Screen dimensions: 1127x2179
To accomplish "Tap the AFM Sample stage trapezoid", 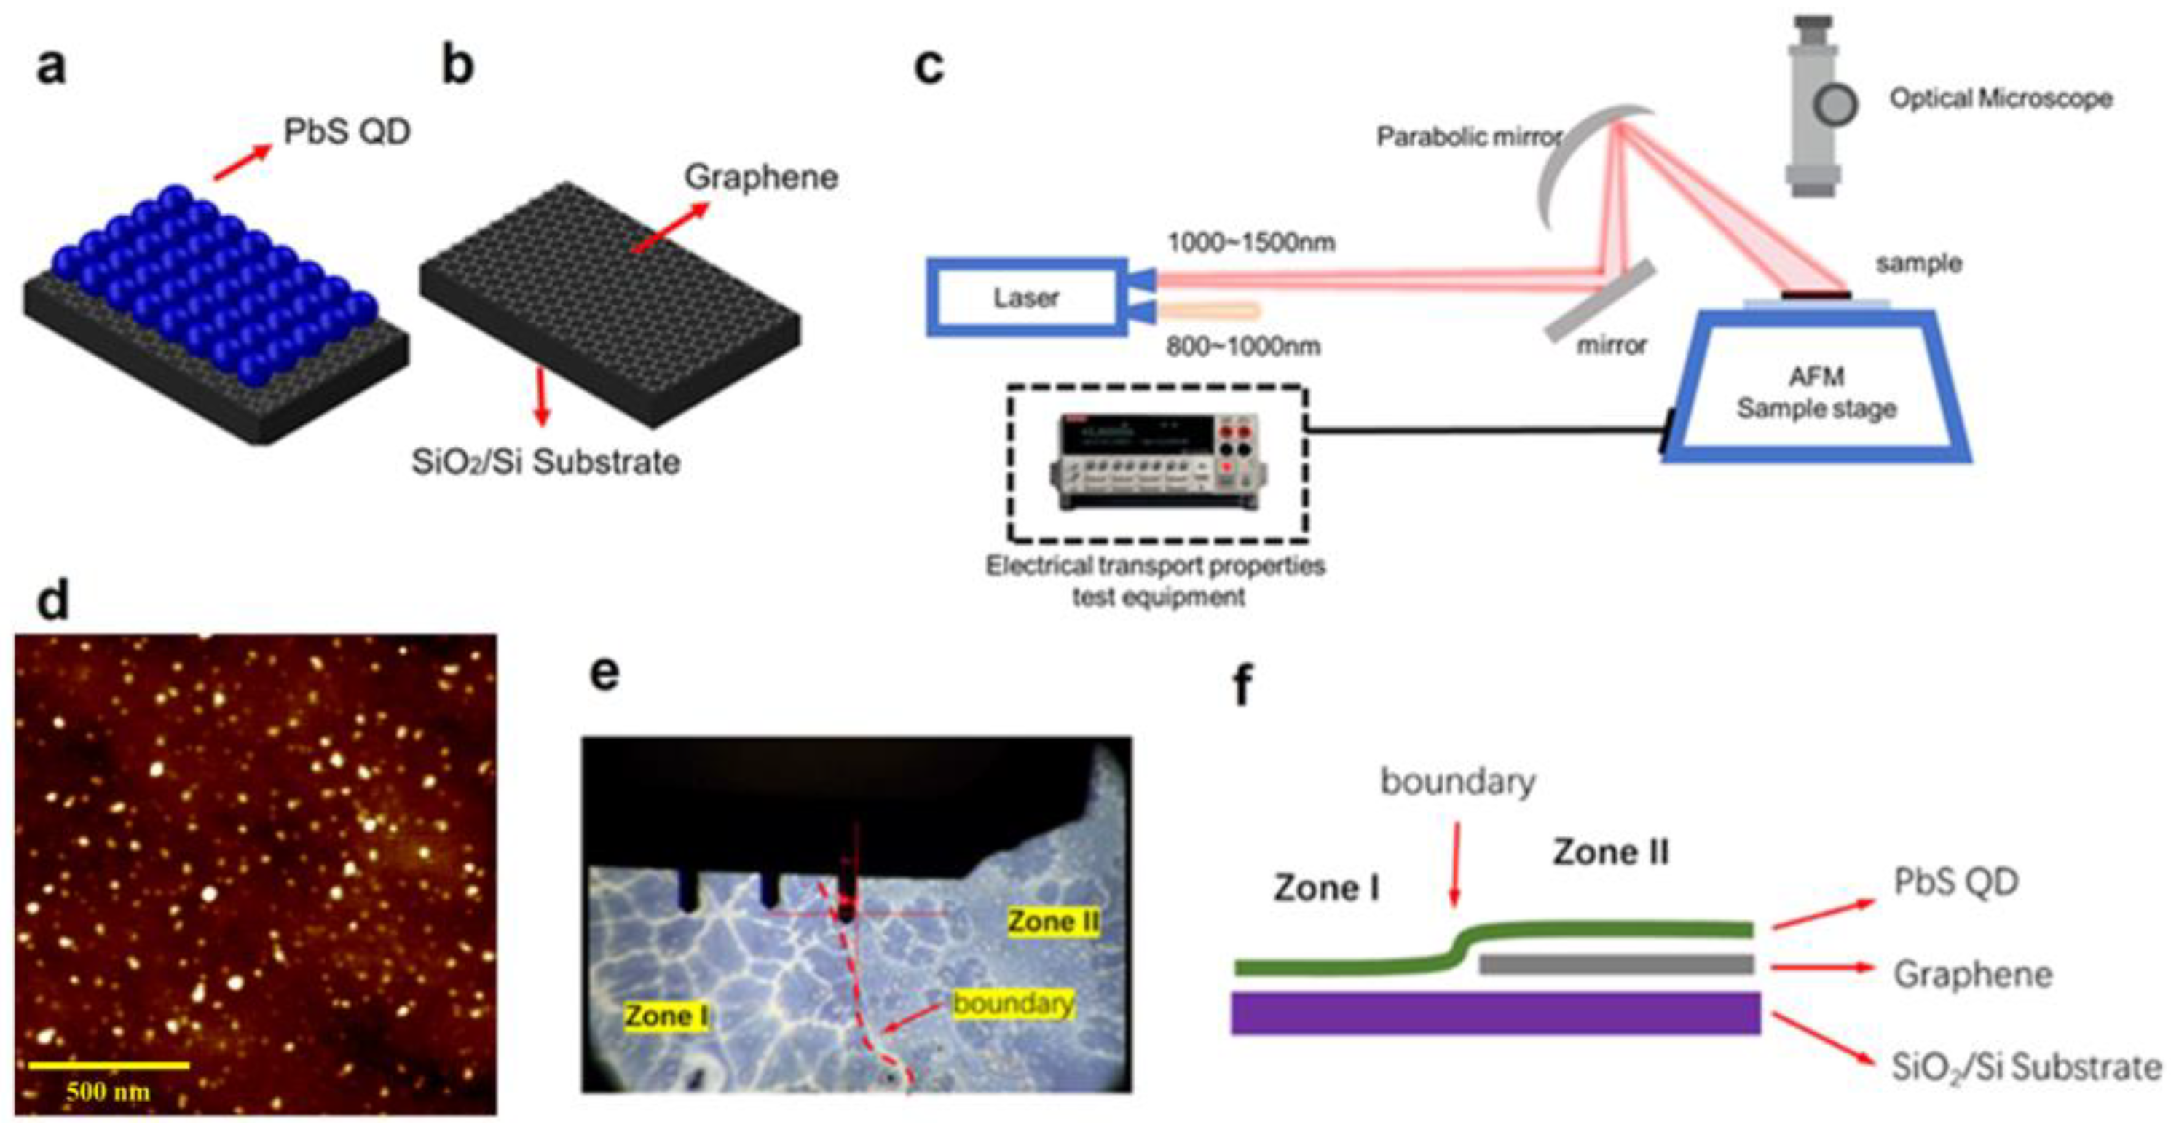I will pyautogui.click(x=1816, y=391).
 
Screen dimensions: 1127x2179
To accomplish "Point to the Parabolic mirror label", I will pyautogui.click(x=1468, y=136).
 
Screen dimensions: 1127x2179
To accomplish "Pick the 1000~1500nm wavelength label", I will pyautogui.click(x=1251, y=243).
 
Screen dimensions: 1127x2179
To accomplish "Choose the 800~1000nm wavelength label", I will pyautogui.click(x=1242, y=346).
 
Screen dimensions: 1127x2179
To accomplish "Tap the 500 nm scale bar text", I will pyautogui.click(x=109, y=1091).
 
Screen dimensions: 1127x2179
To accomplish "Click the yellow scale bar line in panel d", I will pyautogui.click(x=109, y=1064).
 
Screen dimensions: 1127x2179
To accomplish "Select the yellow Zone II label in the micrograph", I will pyautogui.click(x=1053, y=921).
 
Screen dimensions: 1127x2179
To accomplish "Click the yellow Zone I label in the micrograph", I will pyautogui.click(x=666, y=1016).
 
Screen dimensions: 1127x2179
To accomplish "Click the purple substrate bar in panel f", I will pyautogui.click(x=1494, y=1013).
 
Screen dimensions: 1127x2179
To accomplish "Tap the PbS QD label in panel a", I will pyautogui.click(x=347, y=132).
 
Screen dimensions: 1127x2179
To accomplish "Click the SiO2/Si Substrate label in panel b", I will pyautogui.click(x=545, y=462).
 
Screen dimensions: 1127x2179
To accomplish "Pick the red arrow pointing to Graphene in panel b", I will pyautogui.click(x=669, y=227).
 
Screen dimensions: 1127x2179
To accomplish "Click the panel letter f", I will pyautogui.click(x=1242, y=685).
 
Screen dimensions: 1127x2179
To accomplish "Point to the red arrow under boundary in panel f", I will pyautogui.click(x=1456, y=863).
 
